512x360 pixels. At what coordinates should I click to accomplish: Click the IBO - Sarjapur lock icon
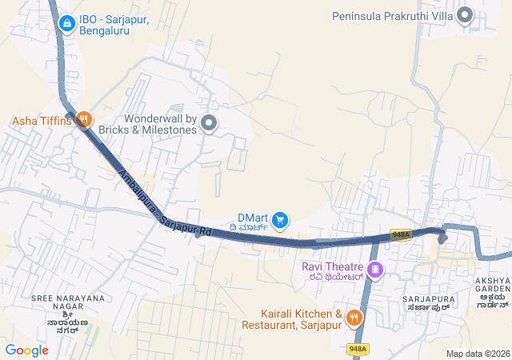pos(66,22)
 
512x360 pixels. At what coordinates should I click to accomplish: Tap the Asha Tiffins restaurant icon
pos(83,121)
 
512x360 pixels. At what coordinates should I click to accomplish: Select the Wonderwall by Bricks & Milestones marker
pos(209,123)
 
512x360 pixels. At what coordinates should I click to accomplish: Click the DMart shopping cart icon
pos(279,218)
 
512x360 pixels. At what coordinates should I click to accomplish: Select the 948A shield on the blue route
pos(401,234)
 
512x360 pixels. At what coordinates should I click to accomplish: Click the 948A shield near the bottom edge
pos(358,349)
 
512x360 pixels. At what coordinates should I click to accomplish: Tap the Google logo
pos(26,350)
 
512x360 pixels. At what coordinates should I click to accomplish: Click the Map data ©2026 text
pos(478,354)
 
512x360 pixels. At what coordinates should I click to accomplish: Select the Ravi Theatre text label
pos(332,266)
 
